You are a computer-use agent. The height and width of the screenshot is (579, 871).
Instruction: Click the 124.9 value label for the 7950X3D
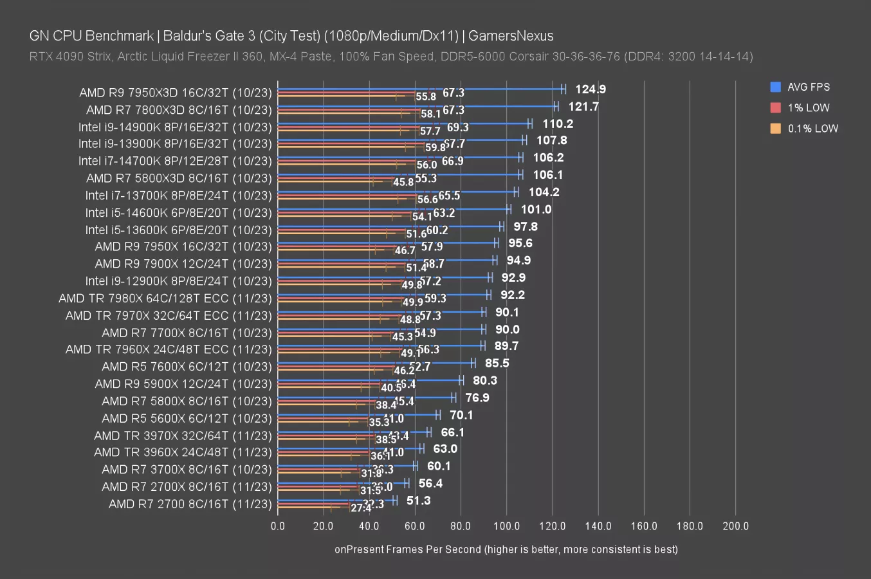pos(590,89)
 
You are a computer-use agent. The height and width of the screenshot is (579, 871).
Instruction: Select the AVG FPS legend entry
pos(808,87)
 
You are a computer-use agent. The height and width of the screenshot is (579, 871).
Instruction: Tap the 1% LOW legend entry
pos(808,107)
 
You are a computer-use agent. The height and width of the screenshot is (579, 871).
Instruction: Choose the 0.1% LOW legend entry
pos(812,128)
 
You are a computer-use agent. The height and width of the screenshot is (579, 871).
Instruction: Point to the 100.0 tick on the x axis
pos(506,526)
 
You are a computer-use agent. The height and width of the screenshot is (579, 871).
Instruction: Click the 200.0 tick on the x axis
pos(735,526)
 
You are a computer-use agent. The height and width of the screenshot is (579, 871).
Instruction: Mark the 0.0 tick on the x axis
pos(278,526)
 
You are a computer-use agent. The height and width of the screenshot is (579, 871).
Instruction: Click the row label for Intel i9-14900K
pos(175,127)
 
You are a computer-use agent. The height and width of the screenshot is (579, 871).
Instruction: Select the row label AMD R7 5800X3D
pos(179,178)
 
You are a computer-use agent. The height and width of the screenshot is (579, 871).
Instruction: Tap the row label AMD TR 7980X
pos(165,299)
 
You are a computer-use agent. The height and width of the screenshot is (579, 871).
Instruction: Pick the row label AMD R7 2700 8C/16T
pos(190,504)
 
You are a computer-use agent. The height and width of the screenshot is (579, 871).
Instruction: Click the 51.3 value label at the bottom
pos(418,501)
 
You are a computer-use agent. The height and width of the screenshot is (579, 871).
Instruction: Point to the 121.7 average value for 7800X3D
pos(583,107)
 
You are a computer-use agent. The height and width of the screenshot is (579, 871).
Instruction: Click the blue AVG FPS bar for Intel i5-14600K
pos(392,208)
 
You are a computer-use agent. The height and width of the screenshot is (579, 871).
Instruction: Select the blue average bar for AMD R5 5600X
pos(357,414)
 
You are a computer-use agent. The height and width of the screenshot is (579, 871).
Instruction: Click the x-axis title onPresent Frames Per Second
pos(506,549)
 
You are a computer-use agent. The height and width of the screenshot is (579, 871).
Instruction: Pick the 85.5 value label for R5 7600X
pos(497,363)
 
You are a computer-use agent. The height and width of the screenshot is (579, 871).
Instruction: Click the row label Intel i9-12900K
pos(178,281)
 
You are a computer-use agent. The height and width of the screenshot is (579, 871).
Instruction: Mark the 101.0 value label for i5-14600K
pos(536,210)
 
